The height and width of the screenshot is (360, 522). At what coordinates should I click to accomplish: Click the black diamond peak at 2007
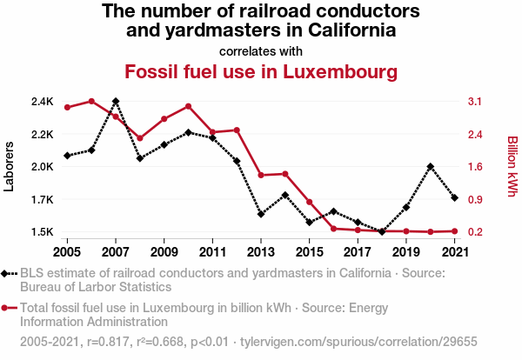point(116,102)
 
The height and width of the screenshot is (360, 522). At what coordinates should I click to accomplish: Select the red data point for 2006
point(91,102)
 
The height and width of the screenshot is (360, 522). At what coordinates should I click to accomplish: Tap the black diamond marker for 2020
point(431,166)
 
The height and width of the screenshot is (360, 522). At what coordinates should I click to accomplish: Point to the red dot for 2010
point(189,106)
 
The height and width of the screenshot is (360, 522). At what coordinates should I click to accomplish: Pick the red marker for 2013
point(261,175)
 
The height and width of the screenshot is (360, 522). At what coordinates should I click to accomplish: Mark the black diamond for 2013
point(261,214)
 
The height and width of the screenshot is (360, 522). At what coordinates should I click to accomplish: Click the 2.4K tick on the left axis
point(42,102)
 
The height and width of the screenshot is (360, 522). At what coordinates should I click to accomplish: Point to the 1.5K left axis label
point(42,232)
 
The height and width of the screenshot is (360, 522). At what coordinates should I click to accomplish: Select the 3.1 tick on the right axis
point(474,102)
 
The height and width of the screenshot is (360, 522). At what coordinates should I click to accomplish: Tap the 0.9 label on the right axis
point(474,200)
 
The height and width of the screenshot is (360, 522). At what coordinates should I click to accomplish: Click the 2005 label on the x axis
point(67,252)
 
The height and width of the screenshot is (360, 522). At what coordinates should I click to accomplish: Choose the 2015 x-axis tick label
point(310,252)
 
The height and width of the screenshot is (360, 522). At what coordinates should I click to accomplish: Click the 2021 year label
point(455,252)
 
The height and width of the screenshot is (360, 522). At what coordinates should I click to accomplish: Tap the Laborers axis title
point(10,167)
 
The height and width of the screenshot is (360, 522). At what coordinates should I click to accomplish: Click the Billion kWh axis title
point(512,166)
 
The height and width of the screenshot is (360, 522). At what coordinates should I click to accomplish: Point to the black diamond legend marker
point(8,274)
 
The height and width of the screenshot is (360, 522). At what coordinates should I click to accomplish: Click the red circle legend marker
point(8,307)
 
